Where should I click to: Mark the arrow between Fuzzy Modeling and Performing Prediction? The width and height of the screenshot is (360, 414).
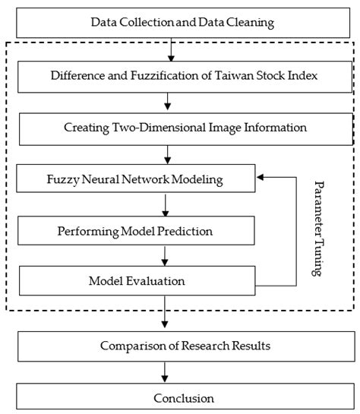[x=166, y=205]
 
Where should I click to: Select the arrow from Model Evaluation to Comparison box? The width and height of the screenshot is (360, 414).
[x=166, y=312]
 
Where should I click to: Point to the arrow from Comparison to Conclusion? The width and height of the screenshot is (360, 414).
[x=166, y=372]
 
